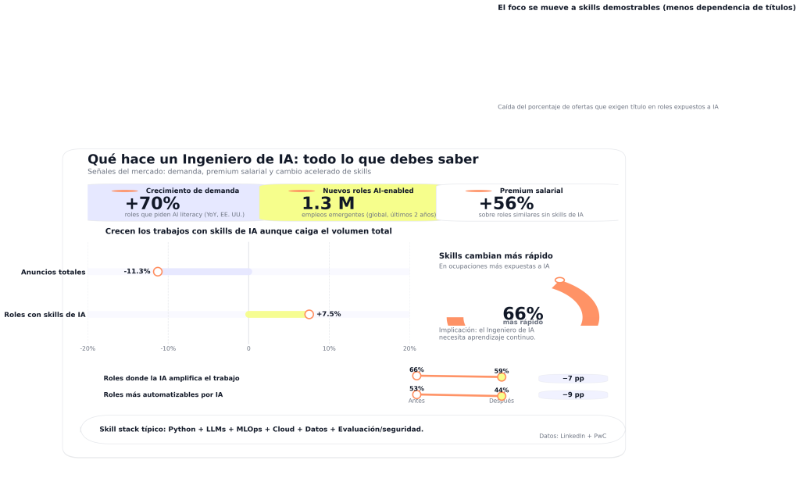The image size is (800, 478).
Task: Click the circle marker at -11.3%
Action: [x=158, y=272]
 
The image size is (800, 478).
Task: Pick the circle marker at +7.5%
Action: [x=309, y=314]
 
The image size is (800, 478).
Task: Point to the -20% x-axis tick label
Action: [x=87, y=348]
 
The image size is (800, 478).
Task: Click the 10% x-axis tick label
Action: [x=329, y=348]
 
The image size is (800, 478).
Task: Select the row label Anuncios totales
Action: [x=53, y=272]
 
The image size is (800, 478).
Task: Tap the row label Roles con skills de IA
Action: [x=45, y=314]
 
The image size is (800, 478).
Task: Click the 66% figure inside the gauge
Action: [x=523, y=313]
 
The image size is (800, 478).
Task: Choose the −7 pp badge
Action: [x=573, y=379]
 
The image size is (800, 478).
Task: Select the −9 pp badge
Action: [x=573, y=395]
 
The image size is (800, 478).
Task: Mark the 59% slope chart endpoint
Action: [x=502, y=377]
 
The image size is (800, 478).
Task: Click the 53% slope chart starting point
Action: [x=416, y=394]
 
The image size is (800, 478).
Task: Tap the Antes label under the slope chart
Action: [x=416, y=401]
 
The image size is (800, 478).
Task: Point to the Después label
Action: [x=502, y=401]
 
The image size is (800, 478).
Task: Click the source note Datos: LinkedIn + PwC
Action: [x=573, y=436]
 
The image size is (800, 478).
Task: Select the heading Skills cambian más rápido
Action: [x=495, y=256]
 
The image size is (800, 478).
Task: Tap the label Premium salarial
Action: [x=531, y=191]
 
